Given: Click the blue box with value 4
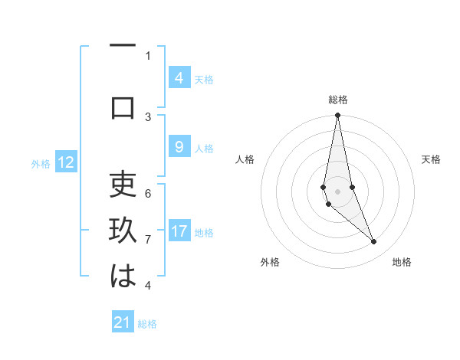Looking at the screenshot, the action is pyautogui.click(x=179, y=78).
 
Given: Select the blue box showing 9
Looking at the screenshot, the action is pyautogui.click(x=179, y=148).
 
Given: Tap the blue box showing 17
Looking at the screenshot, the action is pyautogui.click(x=179, y=231).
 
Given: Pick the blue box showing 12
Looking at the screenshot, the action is pyautogui.click(x=66, y=162).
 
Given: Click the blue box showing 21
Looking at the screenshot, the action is pyautogui.click(x=123, y=322).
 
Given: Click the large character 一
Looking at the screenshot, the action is pyautogui.click(x=123, y=47).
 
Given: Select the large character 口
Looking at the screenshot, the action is pyautogui.click(x=123, y=107).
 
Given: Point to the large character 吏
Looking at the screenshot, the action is pyautogui.click(x=123, y=185).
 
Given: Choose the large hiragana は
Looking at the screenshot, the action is pyautogui.click(x=123, y=277).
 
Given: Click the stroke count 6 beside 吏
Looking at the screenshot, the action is pyautogui.click(x=148, y=195).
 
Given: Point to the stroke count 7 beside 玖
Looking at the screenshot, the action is pyautogui.click(x=148, y=240).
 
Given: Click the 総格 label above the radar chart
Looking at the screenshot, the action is pyautogui.click(x=337, y=100).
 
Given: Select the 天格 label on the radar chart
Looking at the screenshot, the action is pyautogui.click(x=431, y=159).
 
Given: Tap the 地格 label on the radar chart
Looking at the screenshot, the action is pyautogui.click(x=402, y=262).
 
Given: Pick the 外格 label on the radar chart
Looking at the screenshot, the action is pyautogui.click(x=270, y=262).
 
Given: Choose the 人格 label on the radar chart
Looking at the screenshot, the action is pyautogui.click(x=245, y=159).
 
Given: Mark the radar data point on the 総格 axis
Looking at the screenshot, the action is pyautogui.click(x=337, y=115).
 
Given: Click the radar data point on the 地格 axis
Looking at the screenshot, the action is pyautogui.click(x=374, y=242).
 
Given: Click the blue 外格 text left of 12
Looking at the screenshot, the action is pyautogui.click(x=40, y=163).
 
